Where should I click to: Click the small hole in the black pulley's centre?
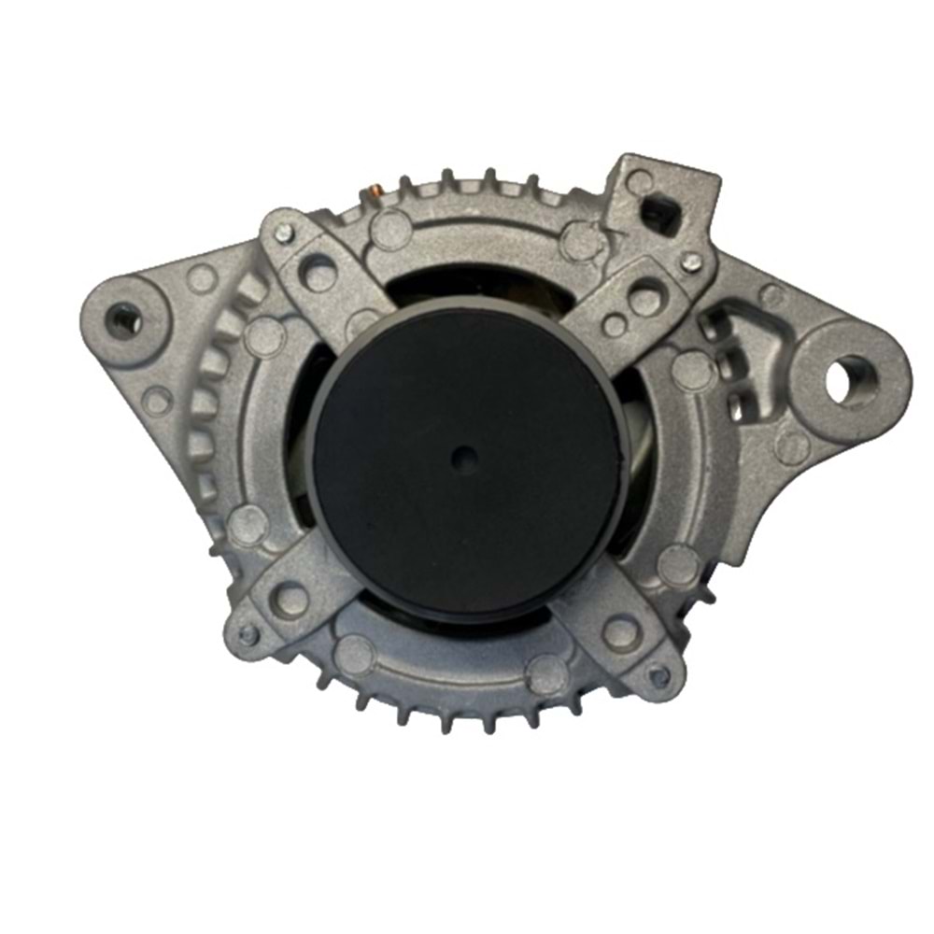coord(464,458)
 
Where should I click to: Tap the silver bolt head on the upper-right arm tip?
coord(692,262)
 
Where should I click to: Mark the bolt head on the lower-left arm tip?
coord(247,634)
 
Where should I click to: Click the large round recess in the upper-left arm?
coord(319,272)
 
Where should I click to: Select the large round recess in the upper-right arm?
coord(644,299)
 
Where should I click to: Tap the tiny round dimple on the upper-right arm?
coord(614,325)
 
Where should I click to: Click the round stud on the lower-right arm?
coord(621,631)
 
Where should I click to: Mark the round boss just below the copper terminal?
coord(390,229)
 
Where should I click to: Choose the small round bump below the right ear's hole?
coord(792,447)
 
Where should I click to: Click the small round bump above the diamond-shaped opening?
coord(640,180)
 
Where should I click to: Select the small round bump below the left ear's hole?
coord(157,401)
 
